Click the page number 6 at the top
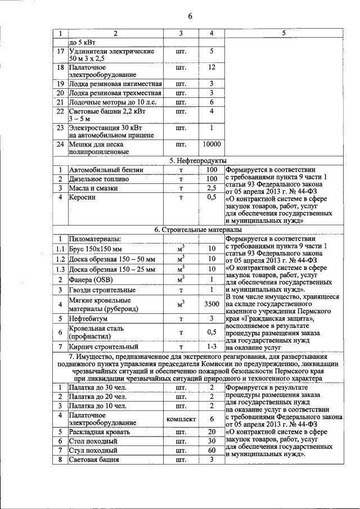tap(190, 15)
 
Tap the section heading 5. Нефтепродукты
tap(195, 161)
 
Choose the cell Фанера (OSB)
tap(91, 280)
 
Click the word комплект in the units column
tap(181, 420)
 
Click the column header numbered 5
tap(284, 33)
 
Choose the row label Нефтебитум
tap(88, 318)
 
